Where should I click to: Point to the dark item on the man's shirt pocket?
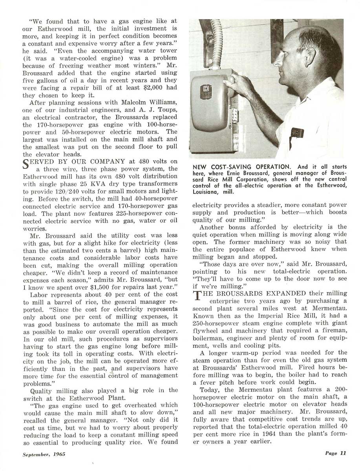click(297, 132)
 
